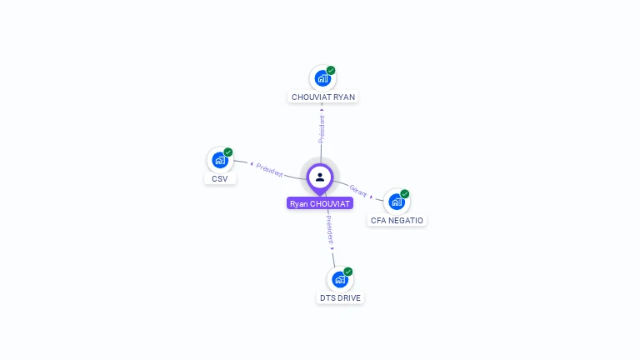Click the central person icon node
[320, 177]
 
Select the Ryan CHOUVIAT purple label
[320, 203]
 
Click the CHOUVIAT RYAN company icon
[322, 78]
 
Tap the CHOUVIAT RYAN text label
[323, 97]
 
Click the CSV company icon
[219, 160]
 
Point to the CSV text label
[220, 178]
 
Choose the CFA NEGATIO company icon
[397, 202]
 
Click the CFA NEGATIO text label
[397, 221]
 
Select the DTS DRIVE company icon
[339, 279]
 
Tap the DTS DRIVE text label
[341, 297]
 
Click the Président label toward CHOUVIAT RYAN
[322, 128]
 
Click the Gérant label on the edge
[358, 189]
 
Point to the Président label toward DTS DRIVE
[329, 228]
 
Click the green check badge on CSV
[227, 152]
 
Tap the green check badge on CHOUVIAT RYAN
[331, 71]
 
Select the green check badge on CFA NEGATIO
[405, 194]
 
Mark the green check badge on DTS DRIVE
[348, 272]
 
